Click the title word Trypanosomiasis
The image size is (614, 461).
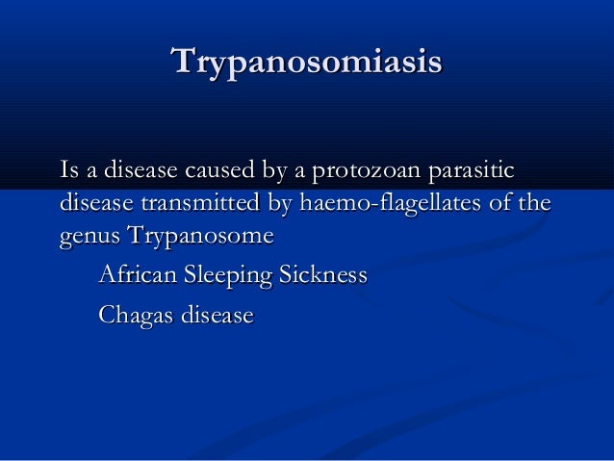tap(306, 62)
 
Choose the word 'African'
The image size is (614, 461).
tap(135, 276)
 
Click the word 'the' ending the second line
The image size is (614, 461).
tap(537, 204)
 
